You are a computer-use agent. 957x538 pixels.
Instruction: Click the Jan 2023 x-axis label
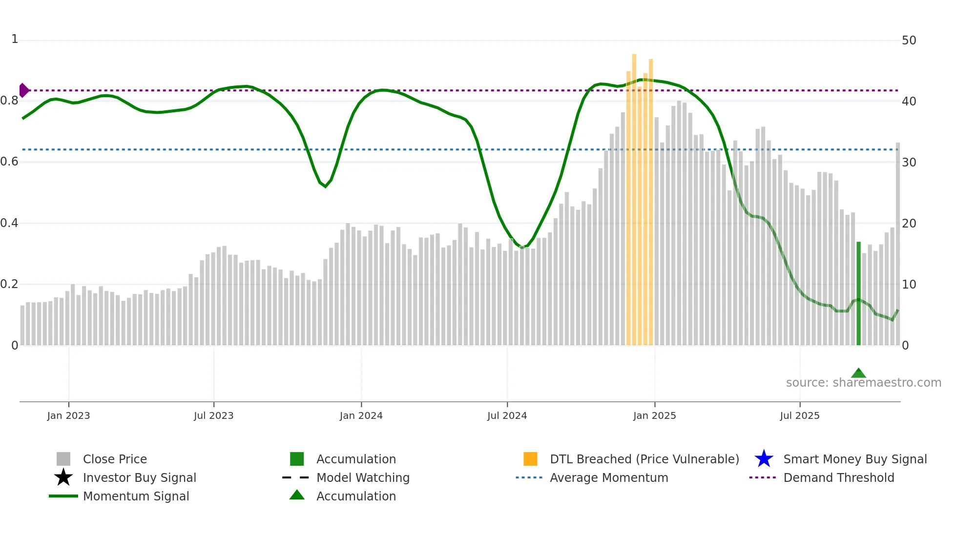point(68,415)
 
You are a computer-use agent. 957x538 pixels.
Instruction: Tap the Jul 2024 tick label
point(507,415)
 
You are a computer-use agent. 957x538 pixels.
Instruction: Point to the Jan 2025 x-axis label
point(654,415)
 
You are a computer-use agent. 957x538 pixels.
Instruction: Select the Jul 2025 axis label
point(799,415)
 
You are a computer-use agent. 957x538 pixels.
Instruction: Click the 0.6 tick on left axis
point(9,162)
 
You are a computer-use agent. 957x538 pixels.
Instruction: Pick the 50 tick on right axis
point(909,41)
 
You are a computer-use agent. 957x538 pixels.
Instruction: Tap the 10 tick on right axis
point(909,284)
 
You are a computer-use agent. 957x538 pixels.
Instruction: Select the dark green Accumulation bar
point(858,293)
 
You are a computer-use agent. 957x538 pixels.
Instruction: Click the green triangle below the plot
point(858,373)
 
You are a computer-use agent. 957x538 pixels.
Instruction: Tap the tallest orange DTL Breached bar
point(634,195)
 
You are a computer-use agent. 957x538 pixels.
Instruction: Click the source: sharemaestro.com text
point(863,383)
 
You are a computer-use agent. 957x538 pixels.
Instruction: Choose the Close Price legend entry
point(115,459)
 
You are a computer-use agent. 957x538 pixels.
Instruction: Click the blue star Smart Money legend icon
point(764,459)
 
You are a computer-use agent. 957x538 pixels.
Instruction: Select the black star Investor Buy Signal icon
point(63,477)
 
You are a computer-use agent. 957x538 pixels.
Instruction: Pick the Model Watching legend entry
point(363,477)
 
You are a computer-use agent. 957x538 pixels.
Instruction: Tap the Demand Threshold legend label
point(838,477)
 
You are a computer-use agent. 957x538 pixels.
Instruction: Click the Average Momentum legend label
point(609,477)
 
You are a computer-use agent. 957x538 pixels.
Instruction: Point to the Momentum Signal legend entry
point(136,496)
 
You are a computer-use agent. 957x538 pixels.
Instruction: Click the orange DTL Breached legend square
point(530,459)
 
